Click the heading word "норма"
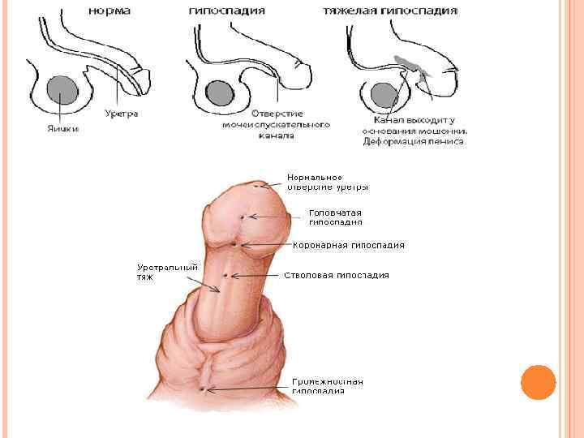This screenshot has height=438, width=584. (112, 11)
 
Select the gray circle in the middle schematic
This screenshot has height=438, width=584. (217, 92)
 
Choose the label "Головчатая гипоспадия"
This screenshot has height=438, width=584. (336, 217)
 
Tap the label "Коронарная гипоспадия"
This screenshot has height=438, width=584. (348, 245)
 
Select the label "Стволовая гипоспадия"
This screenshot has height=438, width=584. (337, 275)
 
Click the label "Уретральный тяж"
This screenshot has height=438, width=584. (167, 272)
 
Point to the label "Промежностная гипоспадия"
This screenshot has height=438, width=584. (328, 385)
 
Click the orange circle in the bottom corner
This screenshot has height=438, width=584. (537, 381)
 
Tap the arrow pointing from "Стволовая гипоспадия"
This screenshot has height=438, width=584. (252, 276)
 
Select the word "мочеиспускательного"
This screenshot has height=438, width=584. (276, 125)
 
